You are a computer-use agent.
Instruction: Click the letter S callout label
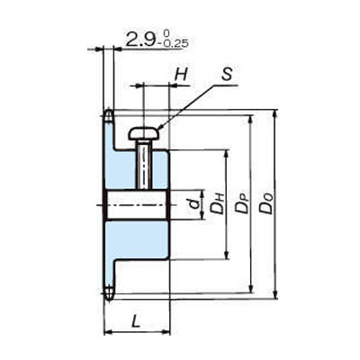click(x=227, y=74)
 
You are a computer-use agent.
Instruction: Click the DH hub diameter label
click(x=218, y=203)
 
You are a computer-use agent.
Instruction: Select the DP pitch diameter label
click(x=242, y=203)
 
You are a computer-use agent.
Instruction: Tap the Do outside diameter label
click(x=266, y=203)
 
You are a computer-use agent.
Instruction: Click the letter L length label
click(x=136, y=322)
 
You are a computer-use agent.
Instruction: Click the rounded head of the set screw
click(x=143, y=133)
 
